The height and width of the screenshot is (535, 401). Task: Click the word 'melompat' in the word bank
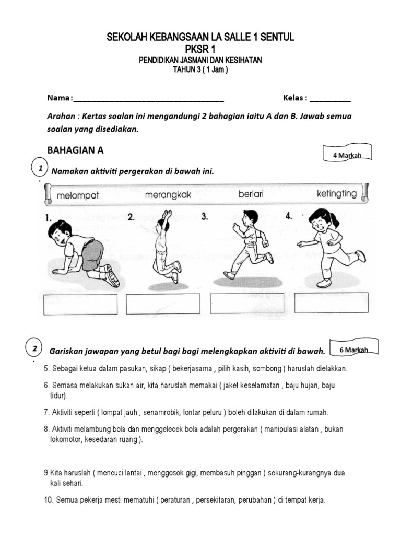tap(78, 195)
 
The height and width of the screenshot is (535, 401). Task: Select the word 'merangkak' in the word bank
tap(168, 195)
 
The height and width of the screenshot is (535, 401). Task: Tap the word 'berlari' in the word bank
tap(251, 194)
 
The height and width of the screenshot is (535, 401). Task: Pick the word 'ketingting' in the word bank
tap(337, 194)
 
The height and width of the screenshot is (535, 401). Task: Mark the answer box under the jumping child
tap(163, 304)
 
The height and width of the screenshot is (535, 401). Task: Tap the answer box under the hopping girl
tap(331, 303)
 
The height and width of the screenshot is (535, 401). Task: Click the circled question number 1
tap(37, 168)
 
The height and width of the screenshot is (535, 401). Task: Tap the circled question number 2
tap(34, 348)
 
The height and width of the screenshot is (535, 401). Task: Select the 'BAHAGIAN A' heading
tap(76, 150)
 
